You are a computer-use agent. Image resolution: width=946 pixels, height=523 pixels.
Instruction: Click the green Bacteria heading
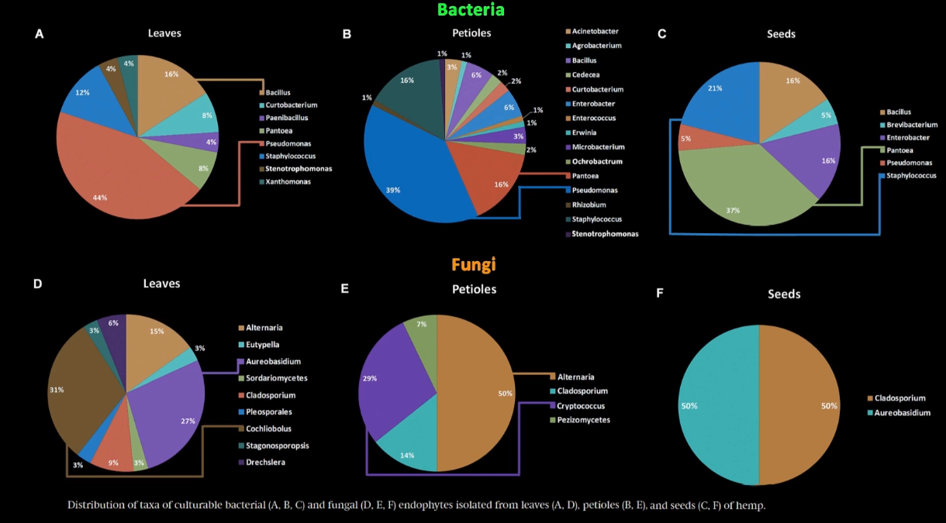tap(471, 10)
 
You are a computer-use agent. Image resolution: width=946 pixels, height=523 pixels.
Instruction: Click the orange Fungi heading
tap(473, 265)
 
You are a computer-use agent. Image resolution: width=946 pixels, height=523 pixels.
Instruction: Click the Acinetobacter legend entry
tap(595, 31)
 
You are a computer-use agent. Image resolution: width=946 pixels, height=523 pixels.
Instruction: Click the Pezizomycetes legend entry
tap(583, 420)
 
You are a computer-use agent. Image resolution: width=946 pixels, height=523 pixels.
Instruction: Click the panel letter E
tap(345, 288)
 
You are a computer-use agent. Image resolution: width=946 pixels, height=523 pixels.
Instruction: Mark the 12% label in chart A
tap(82, 93)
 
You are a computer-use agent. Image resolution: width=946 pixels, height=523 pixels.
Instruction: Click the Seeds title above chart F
tap(783, 294)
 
